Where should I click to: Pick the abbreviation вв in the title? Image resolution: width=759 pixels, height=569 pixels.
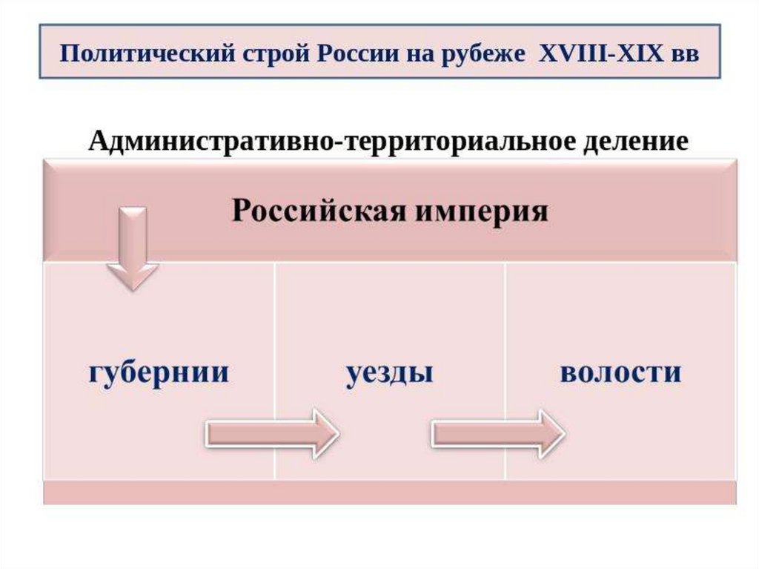click(684, 55)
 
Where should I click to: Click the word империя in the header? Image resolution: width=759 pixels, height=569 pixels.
click(482, 213)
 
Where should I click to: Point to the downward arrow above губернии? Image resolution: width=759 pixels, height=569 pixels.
click(133, 249)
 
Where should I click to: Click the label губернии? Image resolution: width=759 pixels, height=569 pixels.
click(159, 372)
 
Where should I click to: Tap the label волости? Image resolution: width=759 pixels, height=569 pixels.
click(620, 372)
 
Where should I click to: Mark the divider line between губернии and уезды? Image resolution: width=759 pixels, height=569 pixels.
click(274, 371)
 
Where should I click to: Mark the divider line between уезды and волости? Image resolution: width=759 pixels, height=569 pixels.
click(505, 371)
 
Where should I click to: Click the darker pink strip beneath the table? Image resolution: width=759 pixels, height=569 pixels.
click(390, 493)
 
